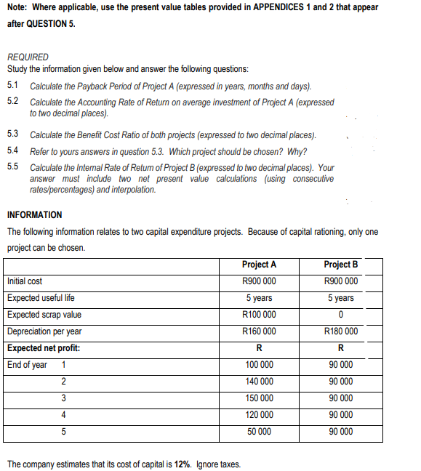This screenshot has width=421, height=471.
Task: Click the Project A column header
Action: [259, 265]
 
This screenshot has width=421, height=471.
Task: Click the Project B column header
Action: [340, 265]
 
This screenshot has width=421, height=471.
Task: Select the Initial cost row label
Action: [25, 281]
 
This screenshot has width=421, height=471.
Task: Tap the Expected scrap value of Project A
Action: [259, 315]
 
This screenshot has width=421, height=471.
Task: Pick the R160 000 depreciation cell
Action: [259, 331]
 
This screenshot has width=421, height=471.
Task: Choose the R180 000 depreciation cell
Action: [340, 331]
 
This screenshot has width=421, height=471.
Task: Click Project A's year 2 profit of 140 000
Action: [259, 382]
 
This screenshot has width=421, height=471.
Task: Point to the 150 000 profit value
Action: [259, 398]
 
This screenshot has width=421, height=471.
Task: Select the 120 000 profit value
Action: [259, 415]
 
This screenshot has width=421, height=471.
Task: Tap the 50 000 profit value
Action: [259, 432]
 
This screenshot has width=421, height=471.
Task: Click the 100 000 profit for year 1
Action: [259, 365]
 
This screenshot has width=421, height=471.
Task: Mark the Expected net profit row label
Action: [44, 348]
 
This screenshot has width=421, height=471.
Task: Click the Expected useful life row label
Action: [41, 298]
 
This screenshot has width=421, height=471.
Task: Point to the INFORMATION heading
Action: [34, 214]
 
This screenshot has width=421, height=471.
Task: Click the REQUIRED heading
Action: [28, 57]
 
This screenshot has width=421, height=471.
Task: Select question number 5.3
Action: [12, 135]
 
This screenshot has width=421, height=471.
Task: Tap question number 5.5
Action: [12, 167]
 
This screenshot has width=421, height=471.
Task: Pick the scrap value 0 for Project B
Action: [340, 315]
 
